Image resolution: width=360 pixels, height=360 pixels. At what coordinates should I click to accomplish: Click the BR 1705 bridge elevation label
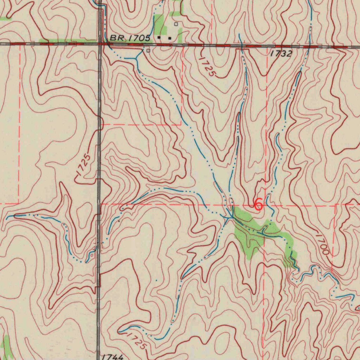point(130,38)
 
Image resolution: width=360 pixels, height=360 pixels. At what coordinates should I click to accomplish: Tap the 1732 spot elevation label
point(281,53)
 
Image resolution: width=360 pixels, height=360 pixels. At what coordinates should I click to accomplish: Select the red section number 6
point(258,204)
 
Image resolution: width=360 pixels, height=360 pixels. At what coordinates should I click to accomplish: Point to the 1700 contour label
point(322,244)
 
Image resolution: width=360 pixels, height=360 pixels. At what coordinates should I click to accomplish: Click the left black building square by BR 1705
point(159,37)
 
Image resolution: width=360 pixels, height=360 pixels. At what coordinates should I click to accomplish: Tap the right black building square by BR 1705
point(170,38)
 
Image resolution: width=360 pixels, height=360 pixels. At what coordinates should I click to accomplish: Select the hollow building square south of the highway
point(148,51)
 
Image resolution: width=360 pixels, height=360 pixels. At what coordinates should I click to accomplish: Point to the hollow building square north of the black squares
point(176,24)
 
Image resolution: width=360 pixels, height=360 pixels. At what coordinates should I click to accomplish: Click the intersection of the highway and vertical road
point(100,44)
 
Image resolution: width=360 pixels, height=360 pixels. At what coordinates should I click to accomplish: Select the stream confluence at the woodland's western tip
point(229,218)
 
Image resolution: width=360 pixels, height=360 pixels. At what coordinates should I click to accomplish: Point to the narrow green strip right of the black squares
point(180,35)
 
